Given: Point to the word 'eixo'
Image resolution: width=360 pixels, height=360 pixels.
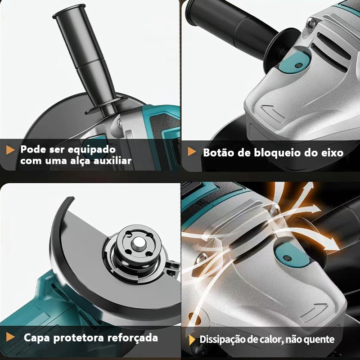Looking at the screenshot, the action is pos(332,153).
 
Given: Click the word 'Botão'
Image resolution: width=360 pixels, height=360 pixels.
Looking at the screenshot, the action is pos(218,153).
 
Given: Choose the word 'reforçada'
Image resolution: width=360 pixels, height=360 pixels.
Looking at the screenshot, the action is pos(133,338).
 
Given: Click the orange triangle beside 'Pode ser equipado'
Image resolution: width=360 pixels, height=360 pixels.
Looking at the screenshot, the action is pos(10,150).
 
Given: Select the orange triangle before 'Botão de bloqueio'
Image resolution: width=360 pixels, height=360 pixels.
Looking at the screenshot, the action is pos(192,151).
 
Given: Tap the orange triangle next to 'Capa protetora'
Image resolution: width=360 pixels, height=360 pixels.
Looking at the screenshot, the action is pos(10,337).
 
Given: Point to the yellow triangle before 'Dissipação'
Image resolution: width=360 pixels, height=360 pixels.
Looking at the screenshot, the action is pos(192,340).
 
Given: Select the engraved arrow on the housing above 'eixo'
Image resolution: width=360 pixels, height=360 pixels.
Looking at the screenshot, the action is pos(273,112).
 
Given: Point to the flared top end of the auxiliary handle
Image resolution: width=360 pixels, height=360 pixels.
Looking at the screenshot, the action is pos(68,11).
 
